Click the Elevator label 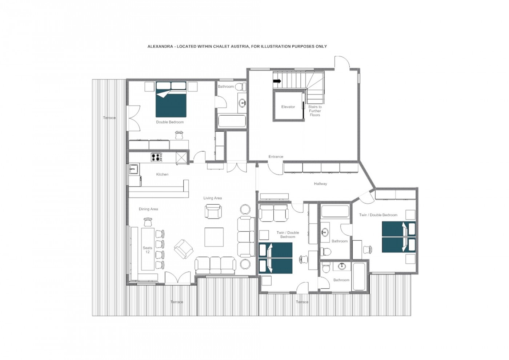tap(288, 107)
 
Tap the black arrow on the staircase tap(277, 81)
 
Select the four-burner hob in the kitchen tap(156, 157)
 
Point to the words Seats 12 tap(148, 250)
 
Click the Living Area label tap(212, 198)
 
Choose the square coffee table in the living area tap(214, 237)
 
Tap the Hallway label tap(320, 184)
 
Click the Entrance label tap(276, 157)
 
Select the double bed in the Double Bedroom tap(171, 100)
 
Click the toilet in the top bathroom tap(240, 87)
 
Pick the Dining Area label tap(148, 209)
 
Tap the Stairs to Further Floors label tap(315, 111)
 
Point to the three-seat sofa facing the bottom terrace tap(215, 265)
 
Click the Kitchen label tap(162, 174)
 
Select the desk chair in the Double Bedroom tap(179, 135)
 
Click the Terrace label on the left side tap(109, 118)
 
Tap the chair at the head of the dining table tap(148, 222)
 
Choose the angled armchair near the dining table tap(184, 249)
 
